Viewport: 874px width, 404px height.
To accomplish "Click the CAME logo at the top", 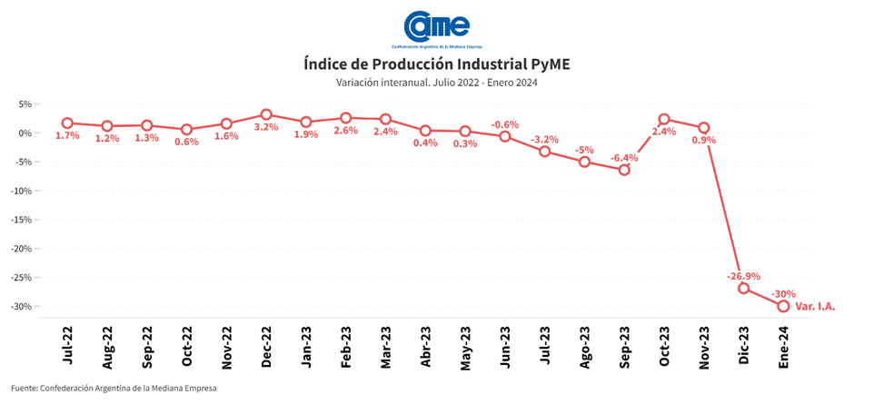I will pyautogui.click(x=437, y=28).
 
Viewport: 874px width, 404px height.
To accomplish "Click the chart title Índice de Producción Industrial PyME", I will pyautogui.click(x=437, y=64).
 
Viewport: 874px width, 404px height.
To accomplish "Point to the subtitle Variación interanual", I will pyautogui.click(x=437, y=83).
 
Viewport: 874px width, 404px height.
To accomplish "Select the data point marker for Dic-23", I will pyautogui.click(x=743, y=288).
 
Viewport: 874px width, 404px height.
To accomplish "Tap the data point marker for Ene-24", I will pyautogui.click(x=783, y=306).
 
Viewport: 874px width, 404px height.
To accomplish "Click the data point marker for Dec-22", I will pyautogui.click(x=266, y=114).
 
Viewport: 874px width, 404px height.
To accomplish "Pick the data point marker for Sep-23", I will pyautogui.click(x=624, y=170).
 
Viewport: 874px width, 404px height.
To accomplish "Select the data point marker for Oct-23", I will pyautogui.click(x=664, y=119).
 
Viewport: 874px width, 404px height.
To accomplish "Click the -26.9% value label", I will pyautogui.click(x=743, y=275).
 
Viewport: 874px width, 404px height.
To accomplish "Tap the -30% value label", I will pyautogui.click(x=783, y=293).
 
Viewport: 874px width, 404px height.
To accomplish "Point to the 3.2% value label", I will pyautogui.click(x=266, y=127).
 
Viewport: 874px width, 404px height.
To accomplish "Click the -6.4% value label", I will pyautogui.click(x=624, y=157).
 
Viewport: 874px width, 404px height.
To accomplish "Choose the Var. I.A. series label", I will pyautogui.click(x=815, y=307).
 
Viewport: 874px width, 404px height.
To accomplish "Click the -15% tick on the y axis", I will pyautogui.click(x=20, y=220).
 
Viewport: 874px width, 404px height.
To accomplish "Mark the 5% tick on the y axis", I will pyautogui.click(x=25, y=104).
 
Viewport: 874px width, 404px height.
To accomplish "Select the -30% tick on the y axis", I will pyautogui.click(x=20, y=306).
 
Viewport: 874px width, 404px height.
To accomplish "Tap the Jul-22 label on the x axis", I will pyautogui.click(x=68, y=347).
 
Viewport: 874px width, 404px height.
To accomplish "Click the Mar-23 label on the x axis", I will pyautogui.click(x=386, y=346).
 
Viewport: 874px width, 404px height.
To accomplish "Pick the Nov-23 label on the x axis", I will pyautogui.click(x=704, y=346).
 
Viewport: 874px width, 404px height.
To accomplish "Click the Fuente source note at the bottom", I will pyautogui.click(x=114, y=389).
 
